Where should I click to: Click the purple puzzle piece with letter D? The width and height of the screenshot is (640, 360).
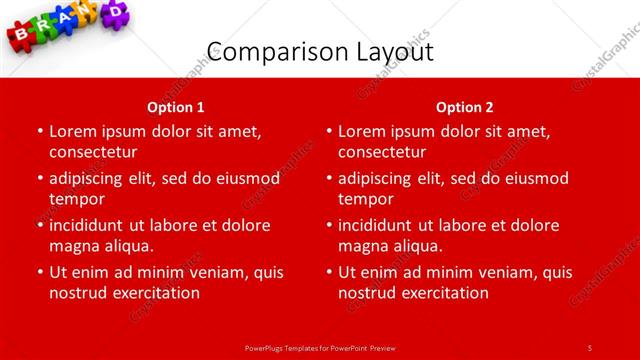pos(118,10)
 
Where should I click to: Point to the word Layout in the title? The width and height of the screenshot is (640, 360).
pos(393,52)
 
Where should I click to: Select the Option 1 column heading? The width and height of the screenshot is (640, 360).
pos(176,107)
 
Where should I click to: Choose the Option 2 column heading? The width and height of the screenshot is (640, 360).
pos(465,107)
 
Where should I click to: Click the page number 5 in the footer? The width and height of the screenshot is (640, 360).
pos(589,347)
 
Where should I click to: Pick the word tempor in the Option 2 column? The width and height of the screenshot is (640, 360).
pos(365,199)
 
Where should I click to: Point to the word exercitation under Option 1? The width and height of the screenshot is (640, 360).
pos(153,293)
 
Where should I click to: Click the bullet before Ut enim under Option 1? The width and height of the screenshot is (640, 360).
pos(39,272)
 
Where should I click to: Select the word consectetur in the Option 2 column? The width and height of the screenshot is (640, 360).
pos(382,152)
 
